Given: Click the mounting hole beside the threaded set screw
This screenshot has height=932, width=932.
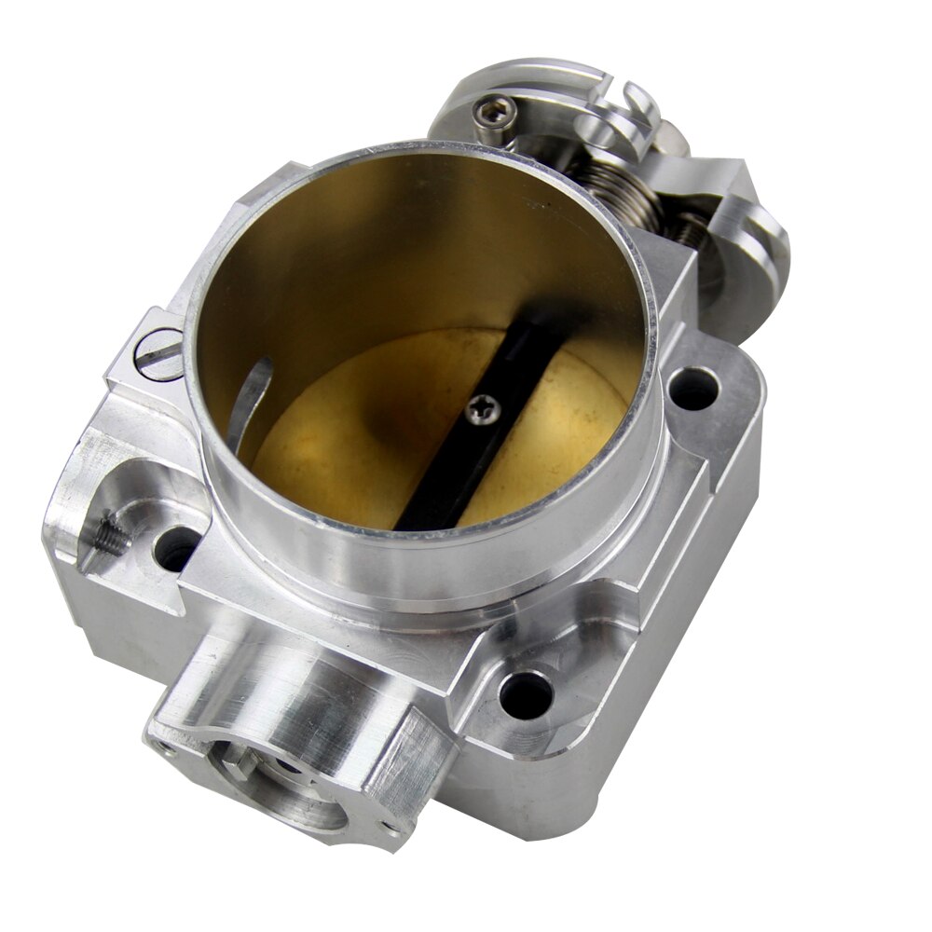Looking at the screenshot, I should tap(176, 550).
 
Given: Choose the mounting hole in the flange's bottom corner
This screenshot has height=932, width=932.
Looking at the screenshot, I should tap(527, 693).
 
